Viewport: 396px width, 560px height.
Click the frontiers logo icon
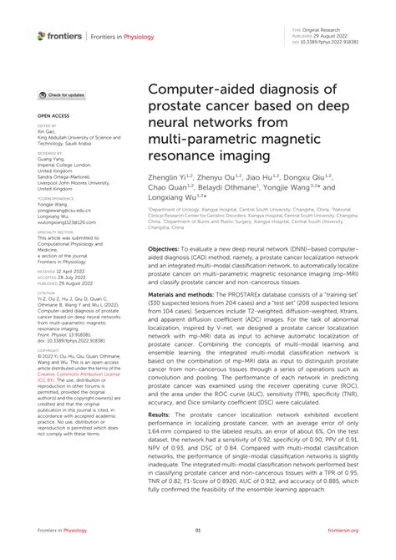[x=43, y=35]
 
